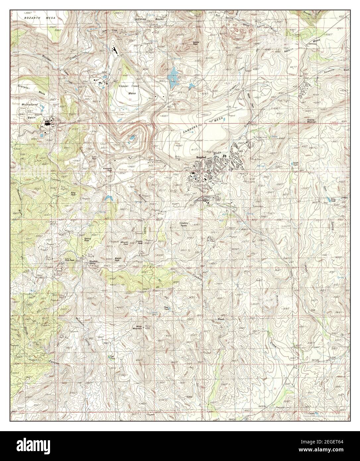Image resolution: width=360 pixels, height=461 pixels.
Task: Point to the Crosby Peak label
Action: pyautogui.click(x=139, y=242)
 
